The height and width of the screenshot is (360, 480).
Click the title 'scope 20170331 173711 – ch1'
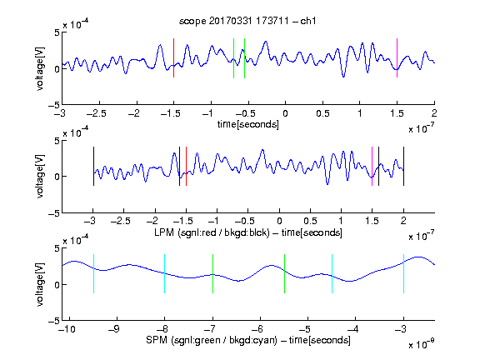tap(247, 21)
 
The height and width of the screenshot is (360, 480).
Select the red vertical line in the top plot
tap(173, 57)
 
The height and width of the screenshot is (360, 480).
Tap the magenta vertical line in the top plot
tap(397, 57)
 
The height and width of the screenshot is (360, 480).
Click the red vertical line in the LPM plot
tap(186, 166)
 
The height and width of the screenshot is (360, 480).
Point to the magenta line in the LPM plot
tap(372, 166)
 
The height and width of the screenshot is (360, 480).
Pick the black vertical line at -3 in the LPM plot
tap(93, 166)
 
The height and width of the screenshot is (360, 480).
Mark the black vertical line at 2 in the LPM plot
tap(403, 166)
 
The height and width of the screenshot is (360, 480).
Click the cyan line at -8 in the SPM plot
tap(165, 273)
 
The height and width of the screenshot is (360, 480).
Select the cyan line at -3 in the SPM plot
tap(403, 273)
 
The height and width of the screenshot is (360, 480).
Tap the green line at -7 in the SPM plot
tap(212, 273)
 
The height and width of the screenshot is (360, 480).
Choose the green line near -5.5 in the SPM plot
tap(284, 273)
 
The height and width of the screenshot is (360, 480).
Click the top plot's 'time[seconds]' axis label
tap(248, 125)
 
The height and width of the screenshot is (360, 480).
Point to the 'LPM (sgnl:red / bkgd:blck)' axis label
tap(212, 232)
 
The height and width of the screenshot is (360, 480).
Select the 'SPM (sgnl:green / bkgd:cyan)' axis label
tap(212, 340)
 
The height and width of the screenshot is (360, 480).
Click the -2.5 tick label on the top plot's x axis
tap(97, 113)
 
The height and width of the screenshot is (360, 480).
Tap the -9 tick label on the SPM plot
tap(114, 329)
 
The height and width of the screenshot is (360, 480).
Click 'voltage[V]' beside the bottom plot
tap(40, 284)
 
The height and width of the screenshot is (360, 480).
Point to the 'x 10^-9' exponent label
tap(421, 344)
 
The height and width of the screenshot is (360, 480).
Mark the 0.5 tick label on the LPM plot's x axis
tap(310, 221)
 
